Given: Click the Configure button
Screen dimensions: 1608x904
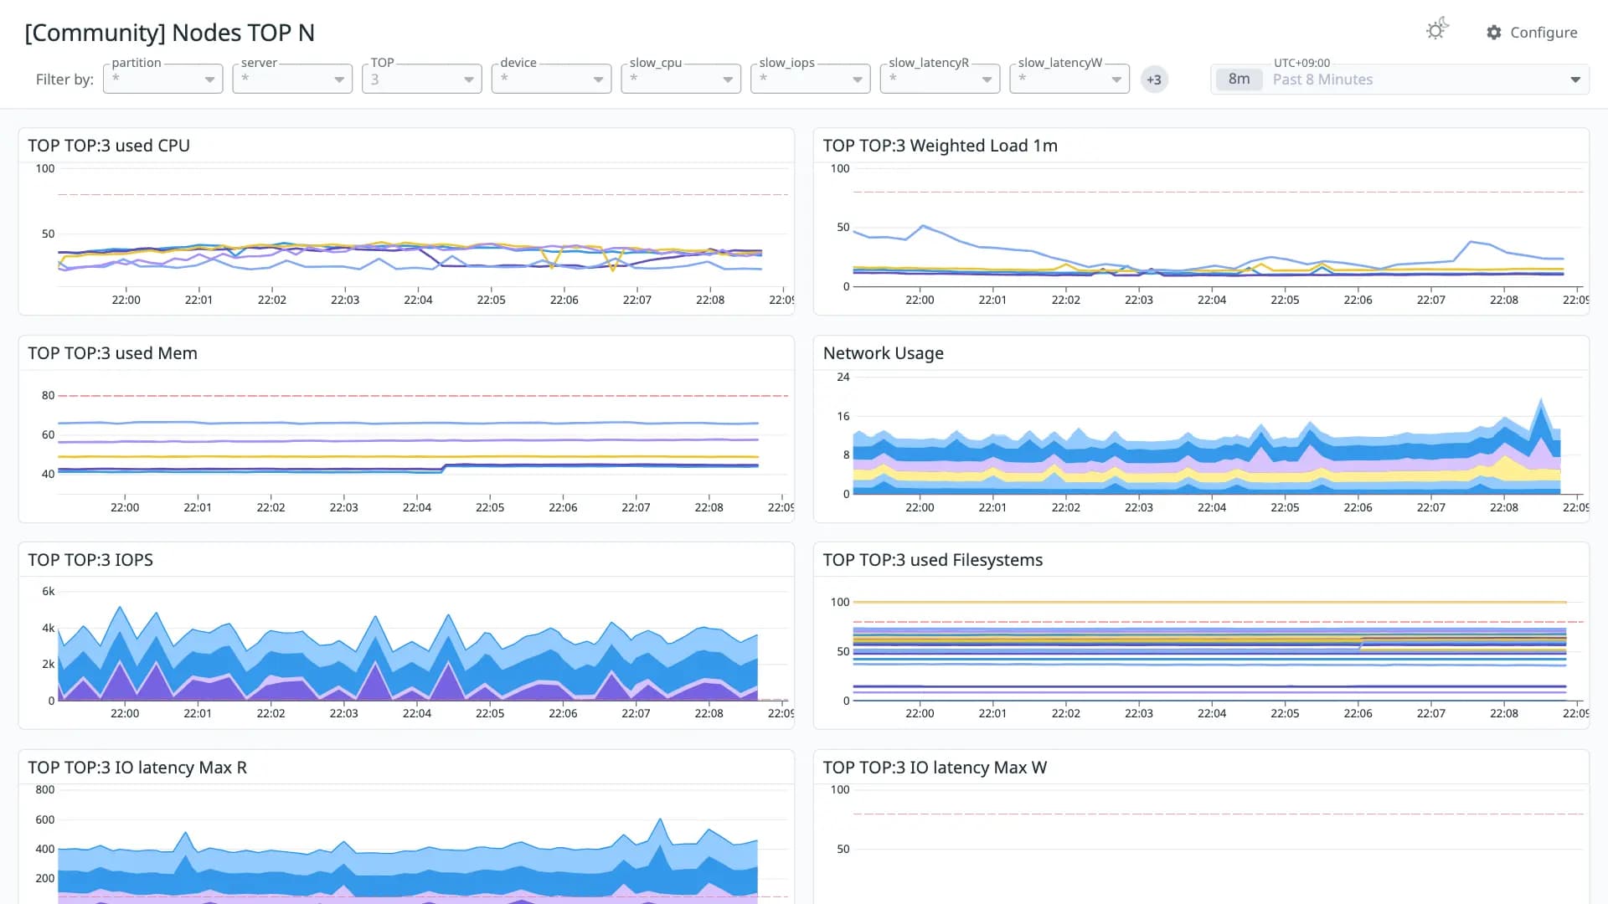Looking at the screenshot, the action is (1532, 33).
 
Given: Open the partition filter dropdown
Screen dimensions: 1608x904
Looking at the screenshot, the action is (162, 79).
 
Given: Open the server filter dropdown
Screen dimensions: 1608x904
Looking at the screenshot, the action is (292, 79).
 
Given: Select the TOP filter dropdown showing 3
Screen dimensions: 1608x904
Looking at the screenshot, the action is (421, 79).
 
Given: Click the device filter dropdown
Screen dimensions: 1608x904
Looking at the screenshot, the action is (551, 79).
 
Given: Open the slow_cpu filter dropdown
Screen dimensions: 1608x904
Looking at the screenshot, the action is (681, 79).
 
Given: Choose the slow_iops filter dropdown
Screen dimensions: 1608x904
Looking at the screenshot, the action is (810, 79).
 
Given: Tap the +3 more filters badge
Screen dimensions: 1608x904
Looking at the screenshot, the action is (1154, 80).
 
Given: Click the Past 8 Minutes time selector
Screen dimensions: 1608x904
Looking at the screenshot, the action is (1399, 80).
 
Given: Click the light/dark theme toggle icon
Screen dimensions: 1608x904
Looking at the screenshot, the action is (1437, 30).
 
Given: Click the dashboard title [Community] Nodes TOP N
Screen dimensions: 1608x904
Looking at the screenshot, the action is (170, 33).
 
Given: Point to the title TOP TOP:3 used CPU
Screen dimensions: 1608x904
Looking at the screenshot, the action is (109, 146).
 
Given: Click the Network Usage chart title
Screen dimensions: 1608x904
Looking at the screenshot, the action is (884, 353).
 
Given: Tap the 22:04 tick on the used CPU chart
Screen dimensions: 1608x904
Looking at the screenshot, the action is (418, 300).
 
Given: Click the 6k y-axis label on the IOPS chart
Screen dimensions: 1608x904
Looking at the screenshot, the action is (49, 591).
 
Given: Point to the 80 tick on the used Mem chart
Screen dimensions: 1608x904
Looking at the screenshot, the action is (49, 395).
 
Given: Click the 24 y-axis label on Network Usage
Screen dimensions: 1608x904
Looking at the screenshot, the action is (843, 377).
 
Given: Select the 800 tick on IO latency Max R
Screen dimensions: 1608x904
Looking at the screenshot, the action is (45, 789).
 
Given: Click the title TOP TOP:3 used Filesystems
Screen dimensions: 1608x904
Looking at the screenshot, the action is (933, 560).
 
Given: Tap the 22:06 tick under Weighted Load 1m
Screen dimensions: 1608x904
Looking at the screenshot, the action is (1358, 300).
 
